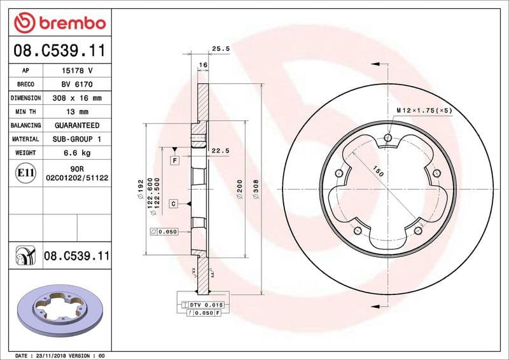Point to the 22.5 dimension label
click(x=220, y=151)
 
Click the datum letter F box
click(x=174, y=161)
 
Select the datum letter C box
click(x=173, y=204)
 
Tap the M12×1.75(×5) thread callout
click(x=424, y=111)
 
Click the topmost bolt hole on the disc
click(x=387, y=136)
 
